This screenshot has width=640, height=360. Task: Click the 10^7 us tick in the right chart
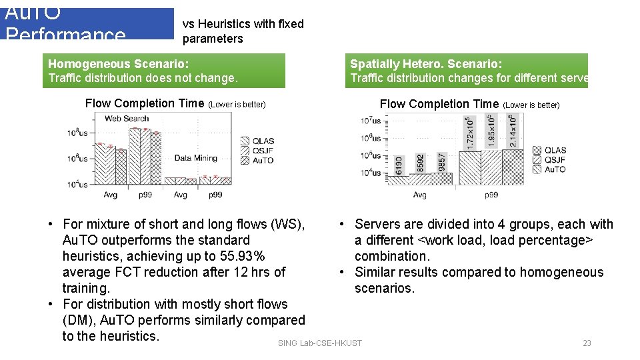pyautogui.click(x=371, y=121)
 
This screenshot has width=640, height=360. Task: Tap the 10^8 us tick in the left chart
pyautogui.click(x=77, y=133)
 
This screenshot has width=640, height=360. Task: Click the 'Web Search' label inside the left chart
pyautogui.click(x=127, y=119)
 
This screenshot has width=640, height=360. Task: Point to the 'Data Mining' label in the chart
pyautogui.click(x=195, y=158)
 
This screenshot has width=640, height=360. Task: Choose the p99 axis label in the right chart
pyautogui.click(x=491, y=195)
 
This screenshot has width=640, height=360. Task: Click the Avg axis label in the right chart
pyautogui.click(x=419, y=195)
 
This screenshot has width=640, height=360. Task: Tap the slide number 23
pyautogui.click(x=587, y=343)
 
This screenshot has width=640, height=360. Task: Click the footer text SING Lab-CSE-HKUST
pyautogui.click(x=320, y=343)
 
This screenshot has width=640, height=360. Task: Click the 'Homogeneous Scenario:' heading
pyautogui.click(x=119, y=64)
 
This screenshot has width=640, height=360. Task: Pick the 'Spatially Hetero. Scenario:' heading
pyautogui.click(x=426, y=64)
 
